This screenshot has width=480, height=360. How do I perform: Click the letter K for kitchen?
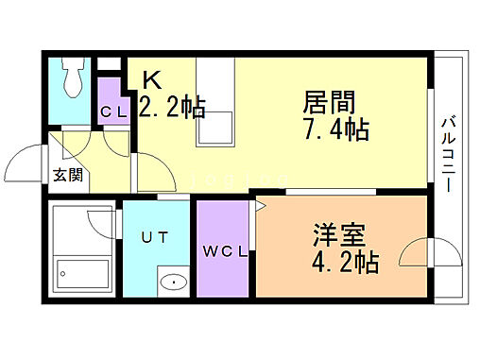pos(152,79)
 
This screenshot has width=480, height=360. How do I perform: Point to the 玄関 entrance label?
pos(66,175)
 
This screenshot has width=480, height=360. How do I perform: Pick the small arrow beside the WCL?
pos(256,202)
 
